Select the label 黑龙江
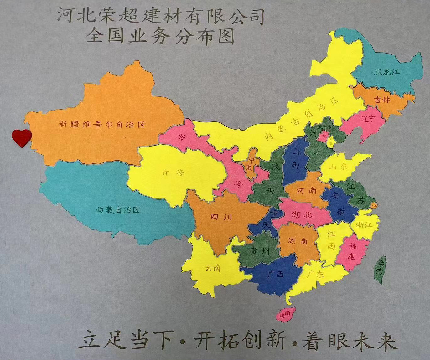tap(387, 72)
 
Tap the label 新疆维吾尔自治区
tap(102, 124)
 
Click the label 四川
tap(221, 217)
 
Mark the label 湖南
tap(298, 241)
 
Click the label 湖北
tap(302, 214)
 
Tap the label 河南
tap(306, 190)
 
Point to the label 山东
tap(338, 167)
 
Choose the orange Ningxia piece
tap(251, 164)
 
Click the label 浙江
tap(364, 224)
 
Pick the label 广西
tap(276, 275)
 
